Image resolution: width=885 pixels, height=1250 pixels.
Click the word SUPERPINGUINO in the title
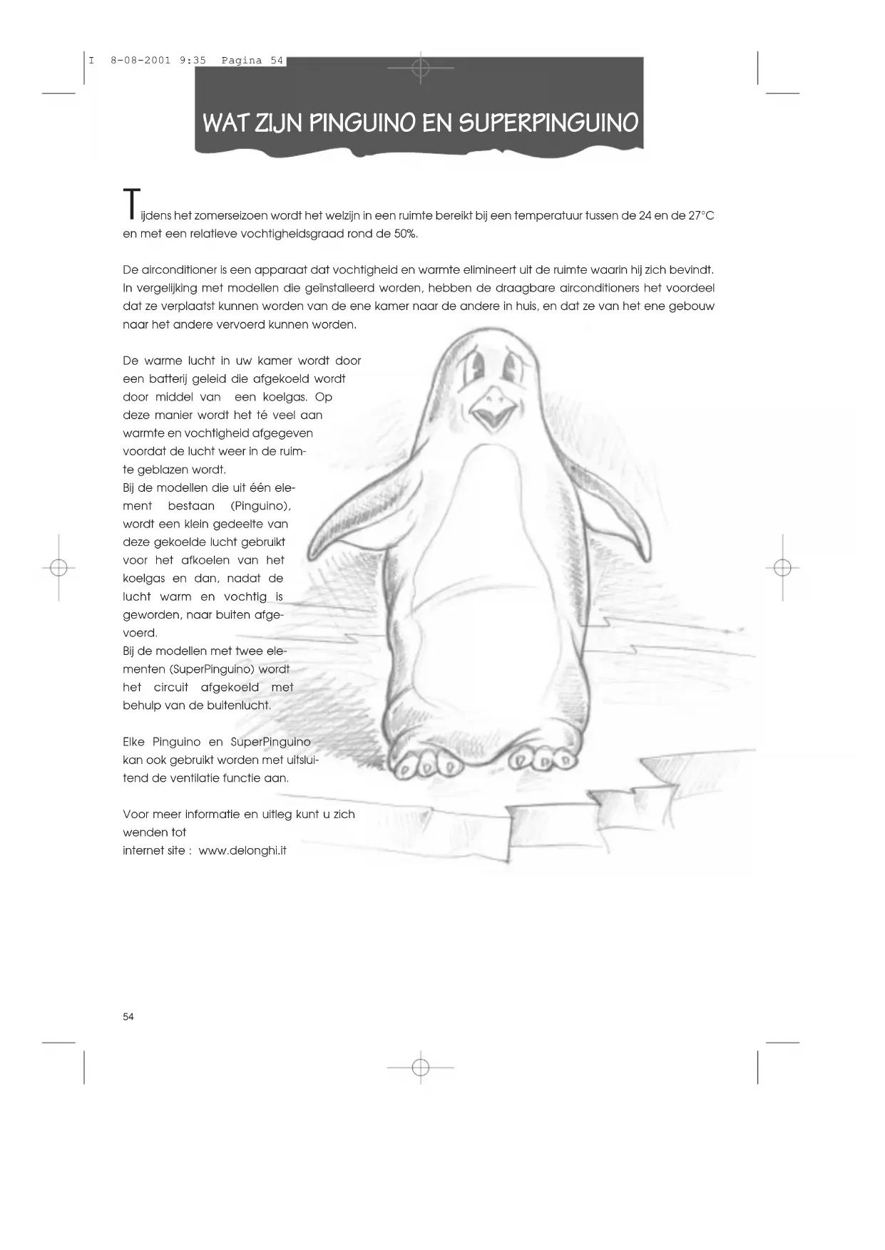(x=548, y=123)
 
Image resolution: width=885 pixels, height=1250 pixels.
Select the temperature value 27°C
(x=701, y=216)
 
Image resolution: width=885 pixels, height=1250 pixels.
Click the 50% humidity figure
(x=406, y=234)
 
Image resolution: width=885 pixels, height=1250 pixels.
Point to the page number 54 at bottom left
(x=128, y=1016)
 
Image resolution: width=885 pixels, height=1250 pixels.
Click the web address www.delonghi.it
(x=242, y=850)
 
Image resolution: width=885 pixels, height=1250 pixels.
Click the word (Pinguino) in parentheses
(x=260, y=506)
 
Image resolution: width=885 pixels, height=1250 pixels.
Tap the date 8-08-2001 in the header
(x=140, y=61)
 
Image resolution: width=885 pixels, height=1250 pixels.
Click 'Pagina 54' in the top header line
(x=252, y=61)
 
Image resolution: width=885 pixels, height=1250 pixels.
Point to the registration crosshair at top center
(x=421, y=68)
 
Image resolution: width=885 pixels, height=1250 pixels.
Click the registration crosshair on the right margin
(x=782, y=568)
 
